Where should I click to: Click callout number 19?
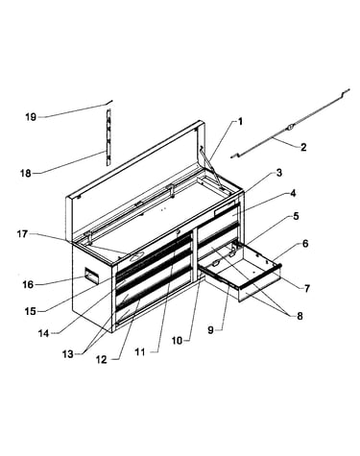(31, 117)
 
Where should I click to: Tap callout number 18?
(26, 173)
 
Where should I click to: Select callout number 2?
(303, 147)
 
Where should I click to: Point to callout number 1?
(240, 122)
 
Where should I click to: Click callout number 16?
(28, 284)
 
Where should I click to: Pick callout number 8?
(300, 316)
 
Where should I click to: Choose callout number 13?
(68, 354)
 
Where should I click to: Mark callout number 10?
(177, 341)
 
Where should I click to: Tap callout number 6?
(305, 244)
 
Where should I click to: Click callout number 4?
(293, 194)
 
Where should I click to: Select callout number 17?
(22, 234)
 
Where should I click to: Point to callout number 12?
(101, 360)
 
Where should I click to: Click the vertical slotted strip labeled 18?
(108, 137)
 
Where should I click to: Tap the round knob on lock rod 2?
(290, 127)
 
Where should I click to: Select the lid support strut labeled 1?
(211, 167)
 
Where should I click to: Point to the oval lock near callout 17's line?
(135, 255)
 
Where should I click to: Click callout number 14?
(43, 333)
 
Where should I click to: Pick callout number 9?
(210, 330)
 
